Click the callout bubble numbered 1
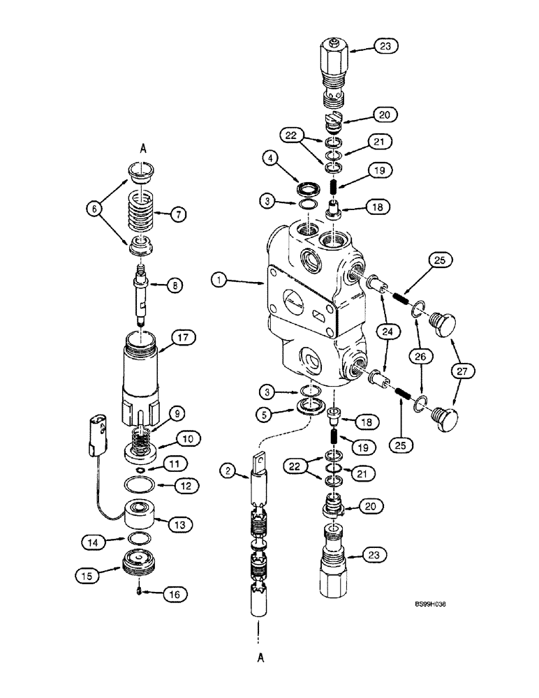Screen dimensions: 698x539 pos(220,281)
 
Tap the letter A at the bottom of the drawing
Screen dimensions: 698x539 pos(259,658)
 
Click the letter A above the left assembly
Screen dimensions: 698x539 pos(143,148)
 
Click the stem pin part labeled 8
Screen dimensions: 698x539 pos(143,297)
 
